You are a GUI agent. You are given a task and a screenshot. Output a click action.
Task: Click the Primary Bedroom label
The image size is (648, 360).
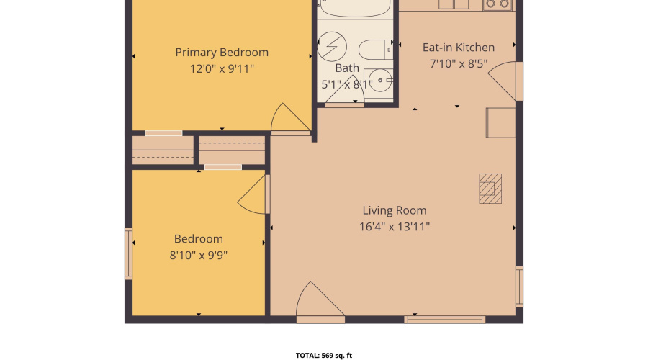point(222,53)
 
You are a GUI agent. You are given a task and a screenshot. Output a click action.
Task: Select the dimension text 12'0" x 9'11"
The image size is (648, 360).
point(222,69)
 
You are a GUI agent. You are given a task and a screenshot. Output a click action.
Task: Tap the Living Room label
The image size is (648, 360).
point(394,211)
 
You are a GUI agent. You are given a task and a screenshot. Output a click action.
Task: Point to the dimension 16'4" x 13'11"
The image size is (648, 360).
point(394,227)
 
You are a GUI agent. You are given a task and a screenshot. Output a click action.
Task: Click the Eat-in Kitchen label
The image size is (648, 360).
point(458,48)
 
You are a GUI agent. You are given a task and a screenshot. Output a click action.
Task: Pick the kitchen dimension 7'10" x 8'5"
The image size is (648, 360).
point(458,63)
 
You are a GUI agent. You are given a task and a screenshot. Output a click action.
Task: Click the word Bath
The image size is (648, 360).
point(347,68)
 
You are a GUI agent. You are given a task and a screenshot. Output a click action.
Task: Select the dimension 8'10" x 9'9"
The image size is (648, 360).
point(198,255)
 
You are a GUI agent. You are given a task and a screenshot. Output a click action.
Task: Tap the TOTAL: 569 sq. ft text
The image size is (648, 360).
point(324,355)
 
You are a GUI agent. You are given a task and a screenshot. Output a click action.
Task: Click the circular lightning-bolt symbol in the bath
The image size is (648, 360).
point(333,48)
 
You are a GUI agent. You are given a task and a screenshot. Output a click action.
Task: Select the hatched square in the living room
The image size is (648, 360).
point(491,189)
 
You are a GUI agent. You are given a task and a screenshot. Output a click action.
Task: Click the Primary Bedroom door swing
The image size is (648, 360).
point(288,120)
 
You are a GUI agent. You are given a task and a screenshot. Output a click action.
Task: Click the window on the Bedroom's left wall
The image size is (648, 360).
point(129,253)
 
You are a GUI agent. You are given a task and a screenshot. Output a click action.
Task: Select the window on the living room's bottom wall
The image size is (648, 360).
point(444,319)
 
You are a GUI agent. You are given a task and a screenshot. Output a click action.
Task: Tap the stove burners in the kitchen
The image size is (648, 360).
point(498,4)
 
